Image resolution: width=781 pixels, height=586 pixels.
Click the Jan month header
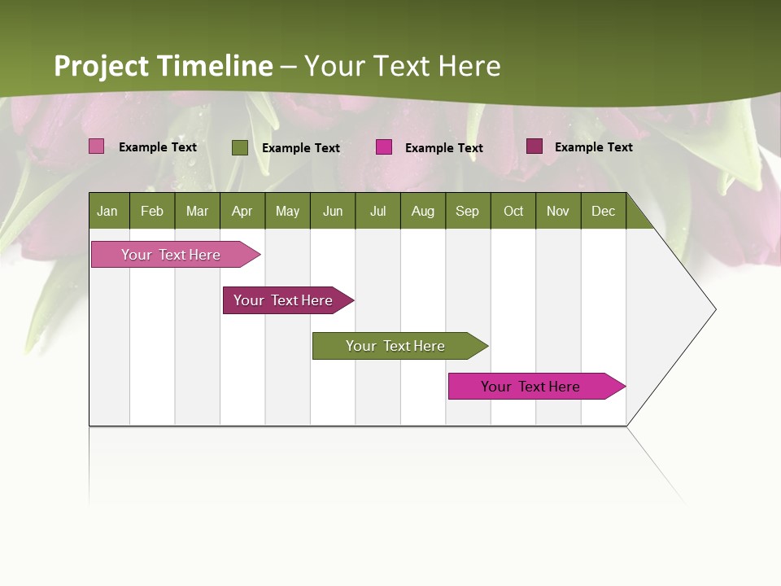[108, 211]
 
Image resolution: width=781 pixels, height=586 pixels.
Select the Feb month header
[152, 211]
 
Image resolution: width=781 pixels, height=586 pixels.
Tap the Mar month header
[197, 211]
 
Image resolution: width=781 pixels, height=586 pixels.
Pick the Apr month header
[242, 211]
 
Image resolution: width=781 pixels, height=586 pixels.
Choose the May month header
[287, 211]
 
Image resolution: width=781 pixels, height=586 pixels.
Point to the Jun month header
[333, 211]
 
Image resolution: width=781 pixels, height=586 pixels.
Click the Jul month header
[377, 211]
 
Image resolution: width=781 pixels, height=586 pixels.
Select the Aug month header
[423, 211]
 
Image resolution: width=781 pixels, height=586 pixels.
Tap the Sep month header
[468, 211]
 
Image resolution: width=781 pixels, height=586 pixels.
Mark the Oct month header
[513, 211]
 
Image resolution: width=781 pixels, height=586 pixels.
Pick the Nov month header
[558, 211]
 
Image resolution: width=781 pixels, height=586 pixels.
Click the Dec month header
[604, 211]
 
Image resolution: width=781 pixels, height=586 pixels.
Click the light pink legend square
[97, 146]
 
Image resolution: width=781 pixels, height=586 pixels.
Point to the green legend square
[240, 147]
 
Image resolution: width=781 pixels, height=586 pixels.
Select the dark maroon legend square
[534, 146]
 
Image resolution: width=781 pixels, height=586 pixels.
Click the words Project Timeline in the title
[164, 66]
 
